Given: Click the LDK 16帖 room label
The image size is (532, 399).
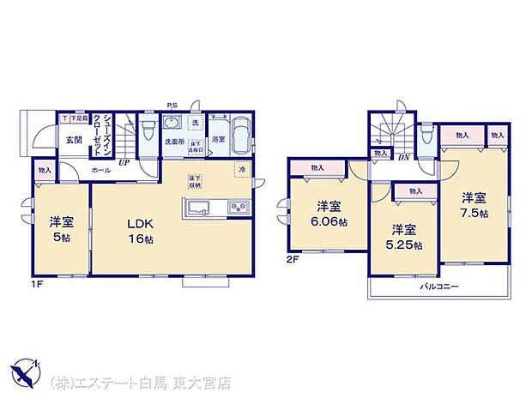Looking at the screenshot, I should pos(142,231).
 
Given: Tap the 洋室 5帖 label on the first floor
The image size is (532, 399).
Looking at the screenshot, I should pos(61,228).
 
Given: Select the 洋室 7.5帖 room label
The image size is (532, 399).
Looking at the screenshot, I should pos(472,203).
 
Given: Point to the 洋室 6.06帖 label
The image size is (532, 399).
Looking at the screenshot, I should pos(329,213).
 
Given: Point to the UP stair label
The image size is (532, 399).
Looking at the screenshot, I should pos(124,161).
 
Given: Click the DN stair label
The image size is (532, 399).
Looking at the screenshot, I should pos(402,155).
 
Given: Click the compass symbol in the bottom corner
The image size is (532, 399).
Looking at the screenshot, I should pos(26,373).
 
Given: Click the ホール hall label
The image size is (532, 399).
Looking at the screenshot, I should pos(102,171).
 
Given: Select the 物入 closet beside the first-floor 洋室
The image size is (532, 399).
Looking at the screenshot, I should pos(45,171).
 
